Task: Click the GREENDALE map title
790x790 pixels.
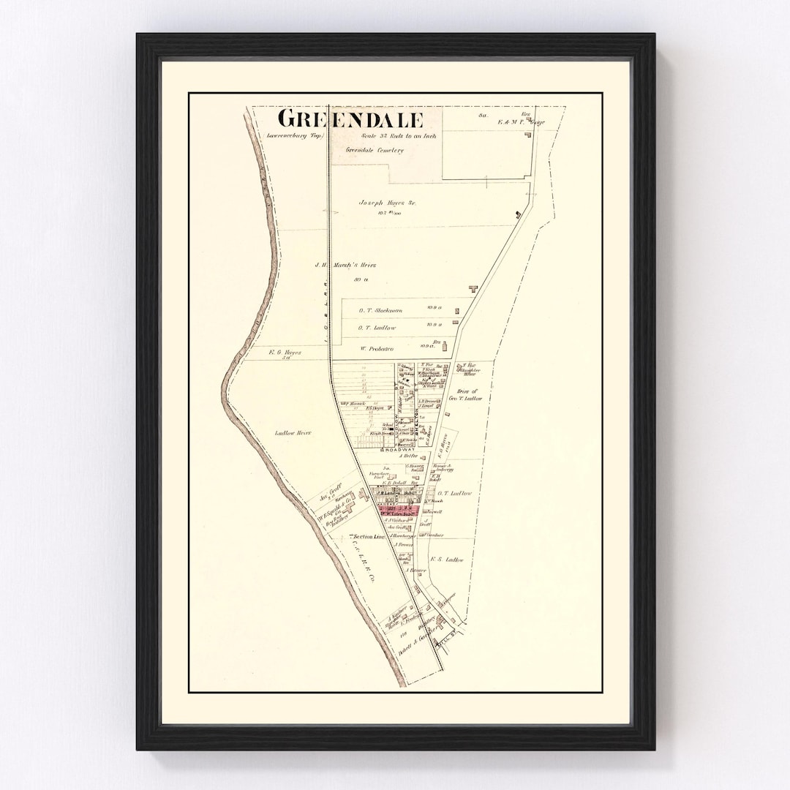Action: click(x=350, y=119)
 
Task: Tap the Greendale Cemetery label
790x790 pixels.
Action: click(x=375, y=151)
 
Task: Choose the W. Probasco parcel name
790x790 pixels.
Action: click(x=377, y=348)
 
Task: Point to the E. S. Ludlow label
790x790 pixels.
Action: click(x=447, y=560)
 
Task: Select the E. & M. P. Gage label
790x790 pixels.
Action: click(x=512, y=121)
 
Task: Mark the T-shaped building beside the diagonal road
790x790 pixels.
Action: click(x=473, y=289)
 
